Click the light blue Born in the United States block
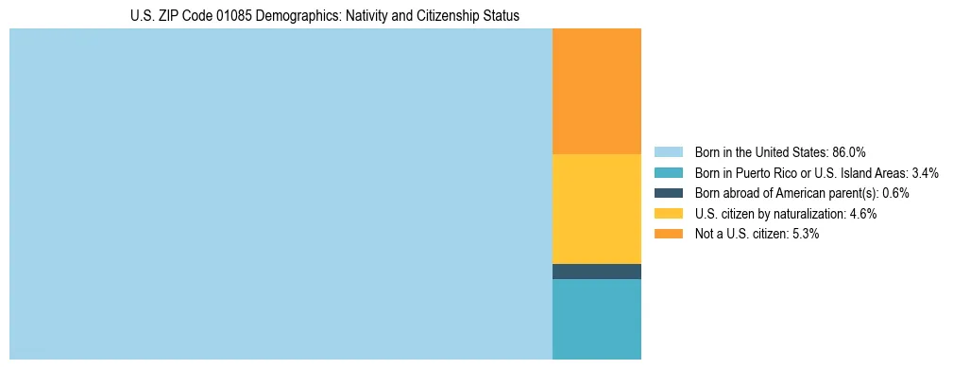[x=281, y=194]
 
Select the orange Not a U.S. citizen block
[x=596, y=91]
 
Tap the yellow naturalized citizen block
[x=596, y=208]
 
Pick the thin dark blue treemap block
[x=596, y=272]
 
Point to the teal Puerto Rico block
[x=596, y=319]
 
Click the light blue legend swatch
[x=668, y=152]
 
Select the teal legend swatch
[x=668, y=173]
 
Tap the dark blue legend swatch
[x=668, y=193]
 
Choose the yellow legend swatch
[x=668, y=214]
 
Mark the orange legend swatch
[x=668, y=234]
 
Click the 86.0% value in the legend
[x=849, y=152]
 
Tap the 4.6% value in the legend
[x=862, y=214]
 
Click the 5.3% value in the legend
[x=806, y=234]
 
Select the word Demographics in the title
[x=304, y=16]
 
